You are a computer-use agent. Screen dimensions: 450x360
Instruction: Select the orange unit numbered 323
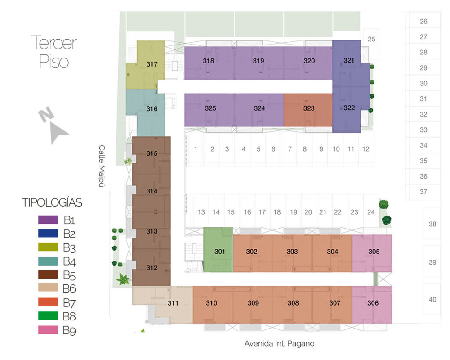pos(308,110)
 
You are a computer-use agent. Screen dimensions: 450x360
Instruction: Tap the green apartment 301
pos(218,250)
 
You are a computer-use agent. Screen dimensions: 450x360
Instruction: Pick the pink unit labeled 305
pos(372,253)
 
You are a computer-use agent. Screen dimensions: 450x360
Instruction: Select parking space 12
pos(365,149)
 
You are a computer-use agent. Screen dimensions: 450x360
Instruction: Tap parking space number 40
pos(432,299)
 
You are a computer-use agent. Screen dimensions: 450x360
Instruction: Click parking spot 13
pos(201,212)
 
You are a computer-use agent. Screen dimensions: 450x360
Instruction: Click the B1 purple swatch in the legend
pos(48,220)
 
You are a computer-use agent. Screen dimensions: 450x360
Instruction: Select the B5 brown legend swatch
pos(48,274)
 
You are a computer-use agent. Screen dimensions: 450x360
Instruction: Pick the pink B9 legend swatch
pos(48,330)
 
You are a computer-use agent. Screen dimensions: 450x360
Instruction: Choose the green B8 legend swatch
pos(48,316)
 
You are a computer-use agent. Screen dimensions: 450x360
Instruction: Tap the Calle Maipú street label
pos(102,166)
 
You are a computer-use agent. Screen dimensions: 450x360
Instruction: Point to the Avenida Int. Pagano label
pos(279,343)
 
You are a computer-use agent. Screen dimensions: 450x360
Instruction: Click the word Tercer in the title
pos(53,43)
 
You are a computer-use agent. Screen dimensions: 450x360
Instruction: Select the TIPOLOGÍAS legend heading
pos(52,202)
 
